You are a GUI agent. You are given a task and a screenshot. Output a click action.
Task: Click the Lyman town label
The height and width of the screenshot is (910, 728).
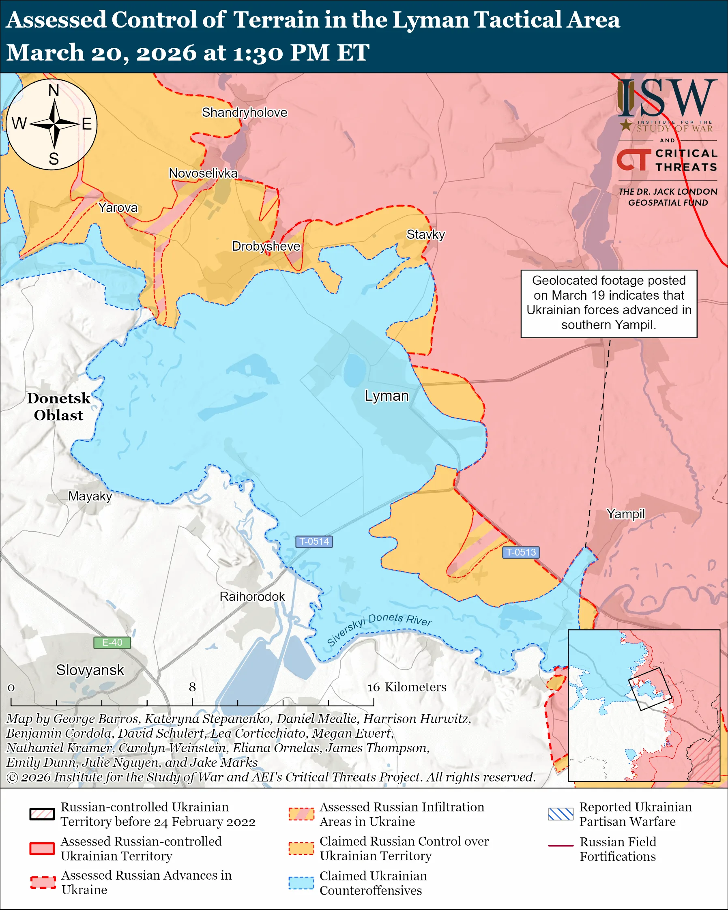[387, 396]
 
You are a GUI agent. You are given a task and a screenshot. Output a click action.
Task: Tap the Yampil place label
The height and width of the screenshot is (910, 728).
[625, 514]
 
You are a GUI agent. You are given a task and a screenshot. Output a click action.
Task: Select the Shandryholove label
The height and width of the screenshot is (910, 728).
[244, 112]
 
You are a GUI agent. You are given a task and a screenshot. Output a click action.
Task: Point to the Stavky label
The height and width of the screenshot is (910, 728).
[425, 234]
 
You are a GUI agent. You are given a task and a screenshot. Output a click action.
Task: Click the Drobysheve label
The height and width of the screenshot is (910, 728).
[266, 246]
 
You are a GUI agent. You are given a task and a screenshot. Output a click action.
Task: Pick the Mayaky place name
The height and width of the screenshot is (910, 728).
[90, 496]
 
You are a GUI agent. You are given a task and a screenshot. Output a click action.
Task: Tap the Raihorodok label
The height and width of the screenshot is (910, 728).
[252, 597]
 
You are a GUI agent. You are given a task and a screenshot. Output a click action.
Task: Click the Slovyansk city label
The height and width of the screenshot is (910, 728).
[90, 670]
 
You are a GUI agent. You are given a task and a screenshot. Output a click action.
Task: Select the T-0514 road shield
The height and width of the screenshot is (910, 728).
[314, 541]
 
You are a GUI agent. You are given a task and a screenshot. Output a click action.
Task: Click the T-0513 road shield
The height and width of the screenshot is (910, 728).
[521, 552]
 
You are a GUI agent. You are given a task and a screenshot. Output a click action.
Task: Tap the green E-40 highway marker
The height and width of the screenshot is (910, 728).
[112, 642]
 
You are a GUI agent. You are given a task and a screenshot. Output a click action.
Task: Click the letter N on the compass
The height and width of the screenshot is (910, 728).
[54, 90]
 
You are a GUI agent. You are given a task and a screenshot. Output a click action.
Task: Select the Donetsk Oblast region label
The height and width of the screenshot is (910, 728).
[59, 406]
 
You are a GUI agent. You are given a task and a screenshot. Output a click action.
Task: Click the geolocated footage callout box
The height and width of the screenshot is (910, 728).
[609, 303]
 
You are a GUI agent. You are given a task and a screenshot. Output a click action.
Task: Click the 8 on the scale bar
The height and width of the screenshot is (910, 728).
[192, 687]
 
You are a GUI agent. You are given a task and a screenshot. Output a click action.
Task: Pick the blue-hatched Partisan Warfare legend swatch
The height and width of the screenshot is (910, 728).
[560, 814]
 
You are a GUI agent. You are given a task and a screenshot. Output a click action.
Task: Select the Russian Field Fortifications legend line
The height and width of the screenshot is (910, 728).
[560, 846]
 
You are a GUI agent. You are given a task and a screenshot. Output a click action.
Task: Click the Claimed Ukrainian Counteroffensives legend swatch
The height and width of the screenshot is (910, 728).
[301, 883]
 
